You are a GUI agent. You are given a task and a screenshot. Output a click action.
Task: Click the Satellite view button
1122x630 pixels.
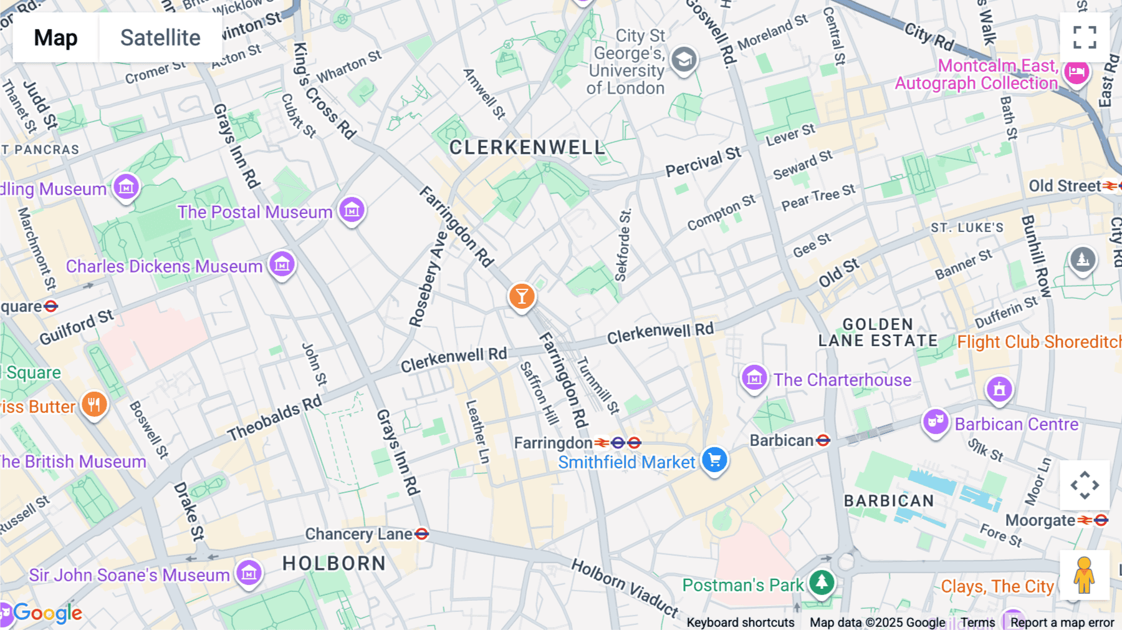160,37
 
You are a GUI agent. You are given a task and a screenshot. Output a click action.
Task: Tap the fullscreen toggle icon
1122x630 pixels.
1085,37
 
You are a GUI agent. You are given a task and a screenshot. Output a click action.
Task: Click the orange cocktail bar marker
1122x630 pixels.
522,297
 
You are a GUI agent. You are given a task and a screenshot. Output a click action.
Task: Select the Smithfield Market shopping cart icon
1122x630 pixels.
715,460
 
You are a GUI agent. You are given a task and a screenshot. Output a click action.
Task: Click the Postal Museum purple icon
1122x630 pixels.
352,210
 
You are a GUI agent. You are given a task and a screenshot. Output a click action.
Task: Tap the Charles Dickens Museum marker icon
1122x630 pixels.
282,264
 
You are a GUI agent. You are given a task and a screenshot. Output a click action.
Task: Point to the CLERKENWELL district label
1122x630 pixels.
527,148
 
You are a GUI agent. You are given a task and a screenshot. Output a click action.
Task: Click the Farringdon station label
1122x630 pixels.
552,443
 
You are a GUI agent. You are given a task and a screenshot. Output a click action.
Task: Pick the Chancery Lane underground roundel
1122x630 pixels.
422,534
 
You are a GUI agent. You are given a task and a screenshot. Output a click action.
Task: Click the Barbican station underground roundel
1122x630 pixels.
823,440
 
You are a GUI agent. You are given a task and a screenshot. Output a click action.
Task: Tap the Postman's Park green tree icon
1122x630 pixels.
822,582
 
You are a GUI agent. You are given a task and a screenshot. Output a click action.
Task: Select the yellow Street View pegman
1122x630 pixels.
1084,575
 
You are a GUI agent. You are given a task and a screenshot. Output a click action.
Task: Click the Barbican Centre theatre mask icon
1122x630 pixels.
935,422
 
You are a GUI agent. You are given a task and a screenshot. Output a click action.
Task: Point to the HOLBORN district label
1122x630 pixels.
334,563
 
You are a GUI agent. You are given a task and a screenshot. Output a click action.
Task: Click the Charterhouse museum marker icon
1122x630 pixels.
754,377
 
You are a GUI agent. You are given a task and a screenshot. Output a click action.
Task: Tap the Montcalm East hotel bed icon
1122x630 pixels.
1076,72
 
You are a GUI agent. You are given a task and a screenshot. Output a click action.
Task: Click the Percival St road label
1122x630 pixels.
703,162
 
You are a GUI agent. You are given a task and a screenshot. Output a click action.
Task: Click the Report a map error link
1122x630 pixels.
1062,623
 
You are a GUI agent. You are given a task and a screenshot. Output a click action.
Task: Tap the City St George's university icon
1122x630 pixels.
684,60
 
